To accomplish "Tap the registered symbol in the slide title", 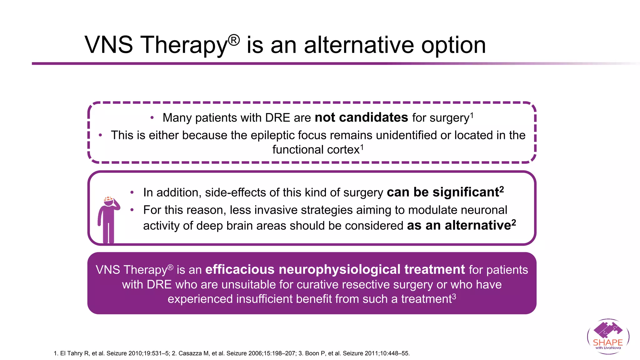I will (234, 40).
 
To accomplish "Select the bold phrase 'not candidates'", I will (361, 117).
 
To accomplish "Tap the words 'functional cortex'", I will (316, 150).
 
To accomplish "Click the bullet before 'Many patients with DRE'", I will (152, 118).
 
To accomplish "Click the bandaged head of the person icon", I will (108, 201).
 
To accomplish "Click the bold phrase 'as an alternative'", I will (458, 225).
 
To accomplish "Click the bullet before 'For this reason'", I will (132, 210).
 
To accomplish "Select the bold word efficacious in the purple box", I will (240, 269).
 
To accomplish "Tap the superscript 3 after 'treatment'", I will (454, 296).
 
